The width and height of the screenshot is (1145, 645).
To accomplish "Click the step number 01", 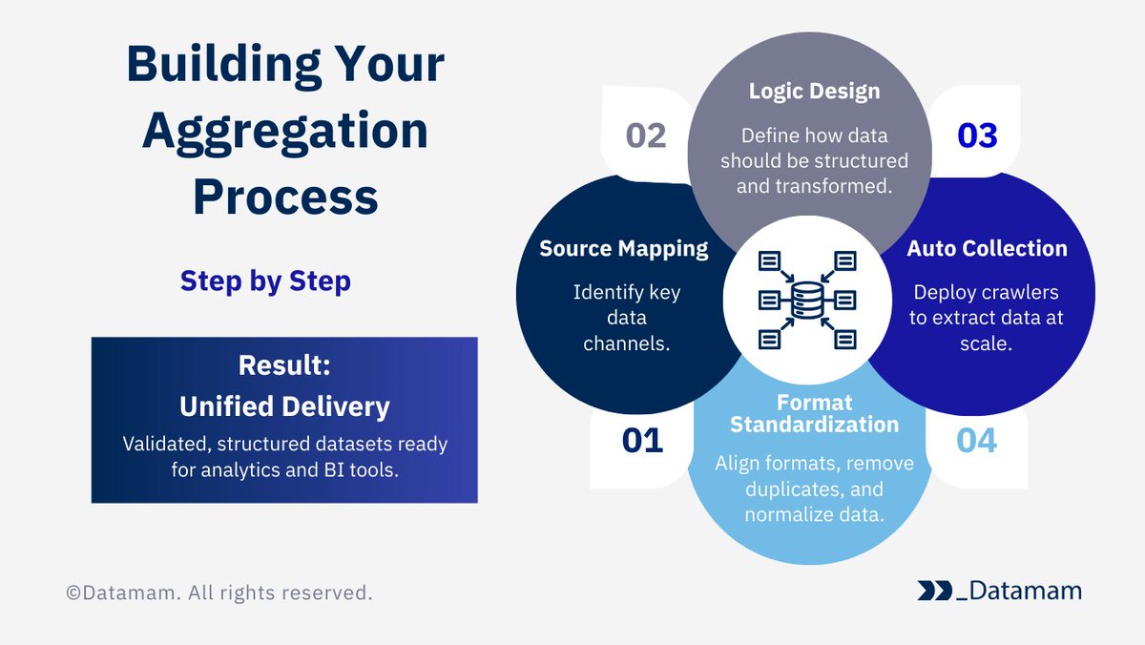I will tap(641, 441).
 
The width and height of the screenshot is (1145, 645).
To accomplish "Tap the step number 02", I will tap(646, 136).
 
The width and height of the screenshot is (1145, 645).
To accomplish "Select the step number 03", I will tap(977, 136).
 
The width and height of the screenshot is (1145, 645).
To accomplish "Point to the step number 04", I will tap(975, 441).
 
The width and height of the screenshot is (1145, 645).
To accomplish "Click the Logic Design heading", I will tap(814, 92).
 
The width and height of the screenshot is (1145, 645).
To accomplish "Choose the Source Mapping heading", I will tap(624, 249).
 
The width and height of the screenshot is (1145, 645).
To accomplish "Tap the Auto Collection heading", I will tap(987, 249).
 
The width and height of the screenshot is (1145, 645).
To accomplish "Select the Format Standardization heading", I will tap(814, 412).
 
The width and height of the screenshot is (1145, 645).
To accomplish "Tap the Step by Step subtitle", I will tap(265, 281).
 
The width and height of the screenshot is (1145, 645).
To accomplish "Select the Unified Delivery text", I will tap(284, 406).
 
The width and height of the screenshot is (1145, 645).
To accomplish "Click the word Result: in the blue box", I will tap(284, 365).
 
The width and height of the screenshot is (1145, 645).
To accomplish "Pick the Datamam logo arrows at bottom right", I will tap(934, 591).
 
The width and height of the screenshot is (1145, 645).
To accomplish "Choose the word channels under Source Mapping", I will tap(626, 343).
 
